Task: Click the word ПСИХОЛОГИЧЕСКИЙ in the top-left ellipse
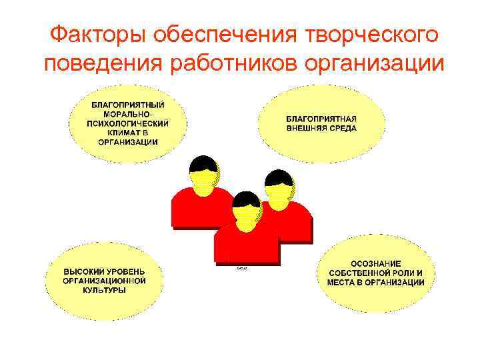coord(127,123)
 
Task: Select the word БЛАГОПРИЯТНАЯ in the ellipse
coord(321,119)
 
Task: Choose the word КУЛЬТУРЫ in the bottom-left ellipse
coord(104,291)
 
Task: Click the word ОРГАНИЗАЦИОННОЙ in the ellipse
coord(104,281)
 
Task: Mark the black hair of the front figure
coord(246,198)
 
